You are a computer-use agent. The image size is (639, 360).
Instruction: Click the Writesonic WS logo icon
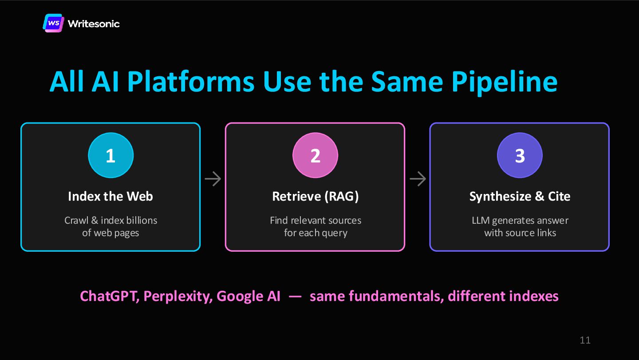[x=54, y=23]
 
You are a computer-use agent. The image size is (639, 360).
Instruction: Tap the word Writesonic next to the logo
[x=94, y=24]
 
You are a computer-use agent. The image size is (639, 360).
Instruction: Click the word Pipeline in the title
[x=504, y=81]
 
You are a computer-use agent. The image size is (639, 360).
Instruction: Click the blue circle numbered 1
[x=110, y=155]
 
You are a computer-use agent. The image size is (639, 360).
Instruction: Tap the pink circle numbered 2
[x=315, y=155]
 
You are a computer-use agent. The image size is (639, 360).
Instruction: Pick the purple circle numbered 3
[x=520, y=155]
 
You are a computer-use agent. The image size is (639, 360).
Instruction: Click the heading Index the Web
[x=110, y=196]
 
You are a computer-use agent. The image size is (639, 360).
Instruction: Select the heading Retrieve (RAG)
[x=315, y=196]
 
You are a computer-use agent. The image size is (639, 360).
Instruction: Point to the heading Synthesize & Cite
[x=520, y=196]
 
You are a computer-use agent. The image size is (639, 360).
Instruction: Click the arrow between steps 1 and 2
[x=213, y=179]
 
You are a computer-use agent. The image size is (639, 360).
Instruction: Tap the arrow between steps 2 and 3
[x=418, y=179]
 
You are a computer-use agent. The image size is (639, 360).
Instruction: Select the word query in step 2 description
[x=334, y=233]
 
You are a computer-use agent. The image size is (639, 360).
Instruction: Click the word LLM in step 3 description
[x=481, y=221]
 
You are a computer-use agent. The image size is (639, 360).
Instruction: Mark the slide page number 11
[x=585, y=340]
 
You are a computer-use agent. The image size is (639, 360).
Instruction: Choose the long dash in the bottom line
[x=295, y=296]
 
